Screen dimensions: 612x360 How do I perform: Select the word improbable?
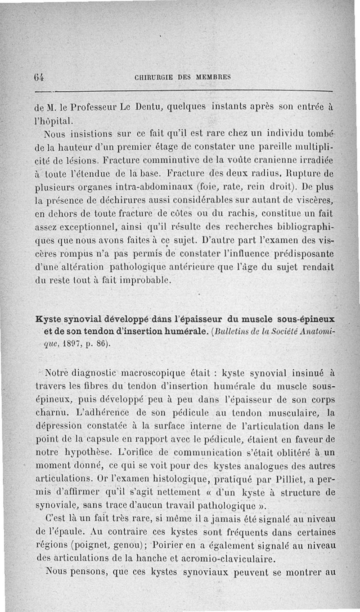point(144,282)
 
